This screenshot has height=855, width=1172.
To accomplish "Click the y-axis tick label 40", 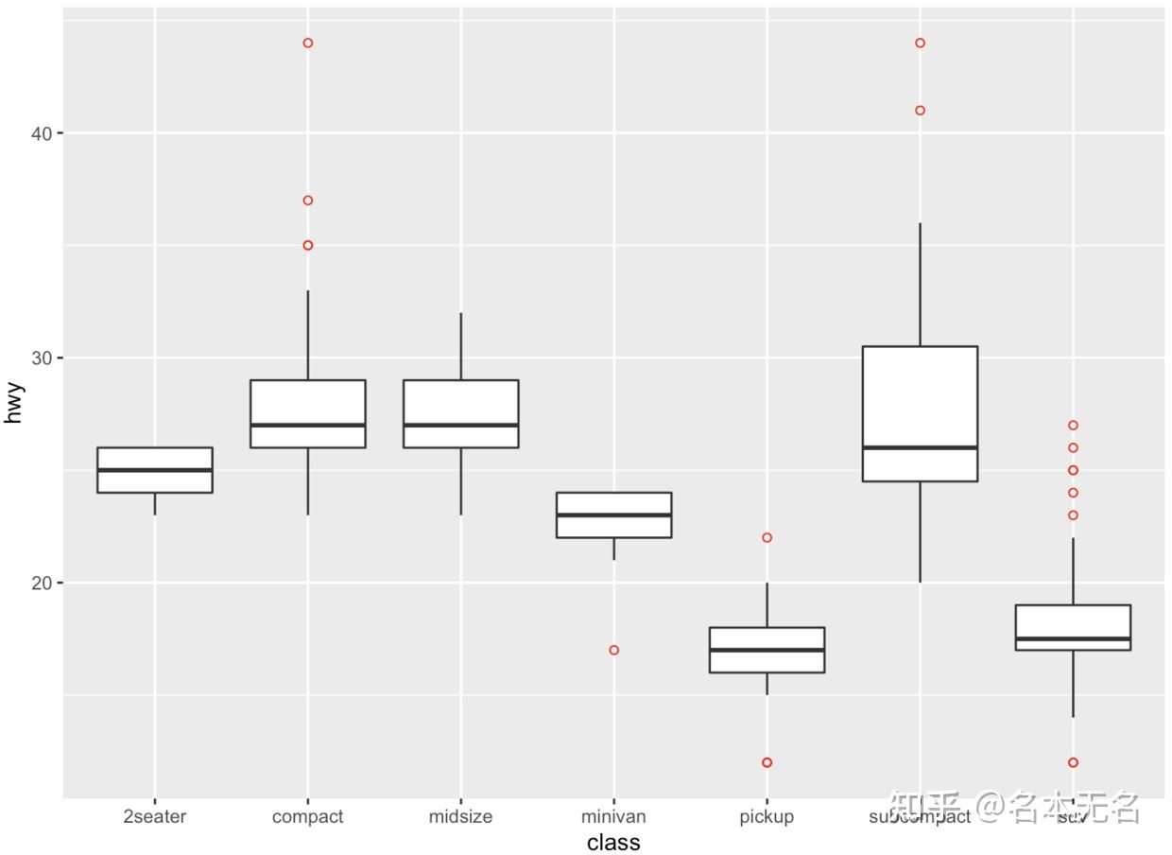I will click(x=40, y=133).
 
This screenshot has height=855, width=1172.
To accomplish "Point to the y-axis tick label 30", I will click(x=40, y=358).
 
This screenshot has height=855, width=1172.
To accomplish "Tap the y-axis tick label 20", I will click(x=40, y=583).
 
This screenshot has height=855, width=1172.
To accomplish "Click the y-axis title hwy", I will click(x=13, y=403).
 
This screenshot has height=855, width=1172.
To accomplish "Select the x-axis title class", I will click(x=613, y=842).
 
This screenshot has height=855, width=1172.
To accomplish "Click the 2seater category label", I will click(x=155, y=816).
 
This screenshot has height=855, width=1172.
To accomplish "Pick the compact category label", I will click(x=307, y=816).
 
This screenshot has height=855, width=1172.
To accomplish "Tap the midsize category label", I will click(x=460, y=816).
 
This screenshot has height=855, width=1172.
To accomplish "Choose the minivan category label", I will click(x=613, y=816).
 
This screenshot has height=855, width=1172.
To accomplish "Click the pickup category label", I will click(x=767, y=816).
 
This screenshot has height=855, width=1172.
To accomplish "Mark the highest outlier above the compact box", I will click(x=308, y=43).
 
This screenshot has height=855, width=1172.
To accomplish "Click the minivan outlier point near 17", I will click(x=614, y=650).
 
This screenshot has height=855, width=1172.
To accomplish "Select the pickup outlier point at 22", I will click(x=767, y=537).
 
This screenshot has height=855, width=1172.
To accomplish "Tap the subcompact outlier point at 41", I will click(x=921, y=111).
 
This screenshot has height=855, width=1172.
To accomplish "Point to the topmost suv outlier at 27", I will click(x=1074, y=426).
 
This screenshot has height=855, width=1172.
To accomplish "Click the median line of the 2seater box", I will click(x=155, y=470).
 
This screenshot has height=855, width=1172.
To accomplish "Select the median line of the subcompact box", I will click(x=920, y=447).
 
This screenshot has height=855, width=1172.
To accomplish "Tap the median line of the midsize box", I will click(x=460, y=425).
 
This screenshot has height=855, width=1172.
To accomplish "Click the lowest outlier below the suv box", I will click(x=1074, y=762).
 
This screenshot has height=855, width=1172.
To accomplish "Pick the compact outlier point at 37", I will click(x=308, y=201).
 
